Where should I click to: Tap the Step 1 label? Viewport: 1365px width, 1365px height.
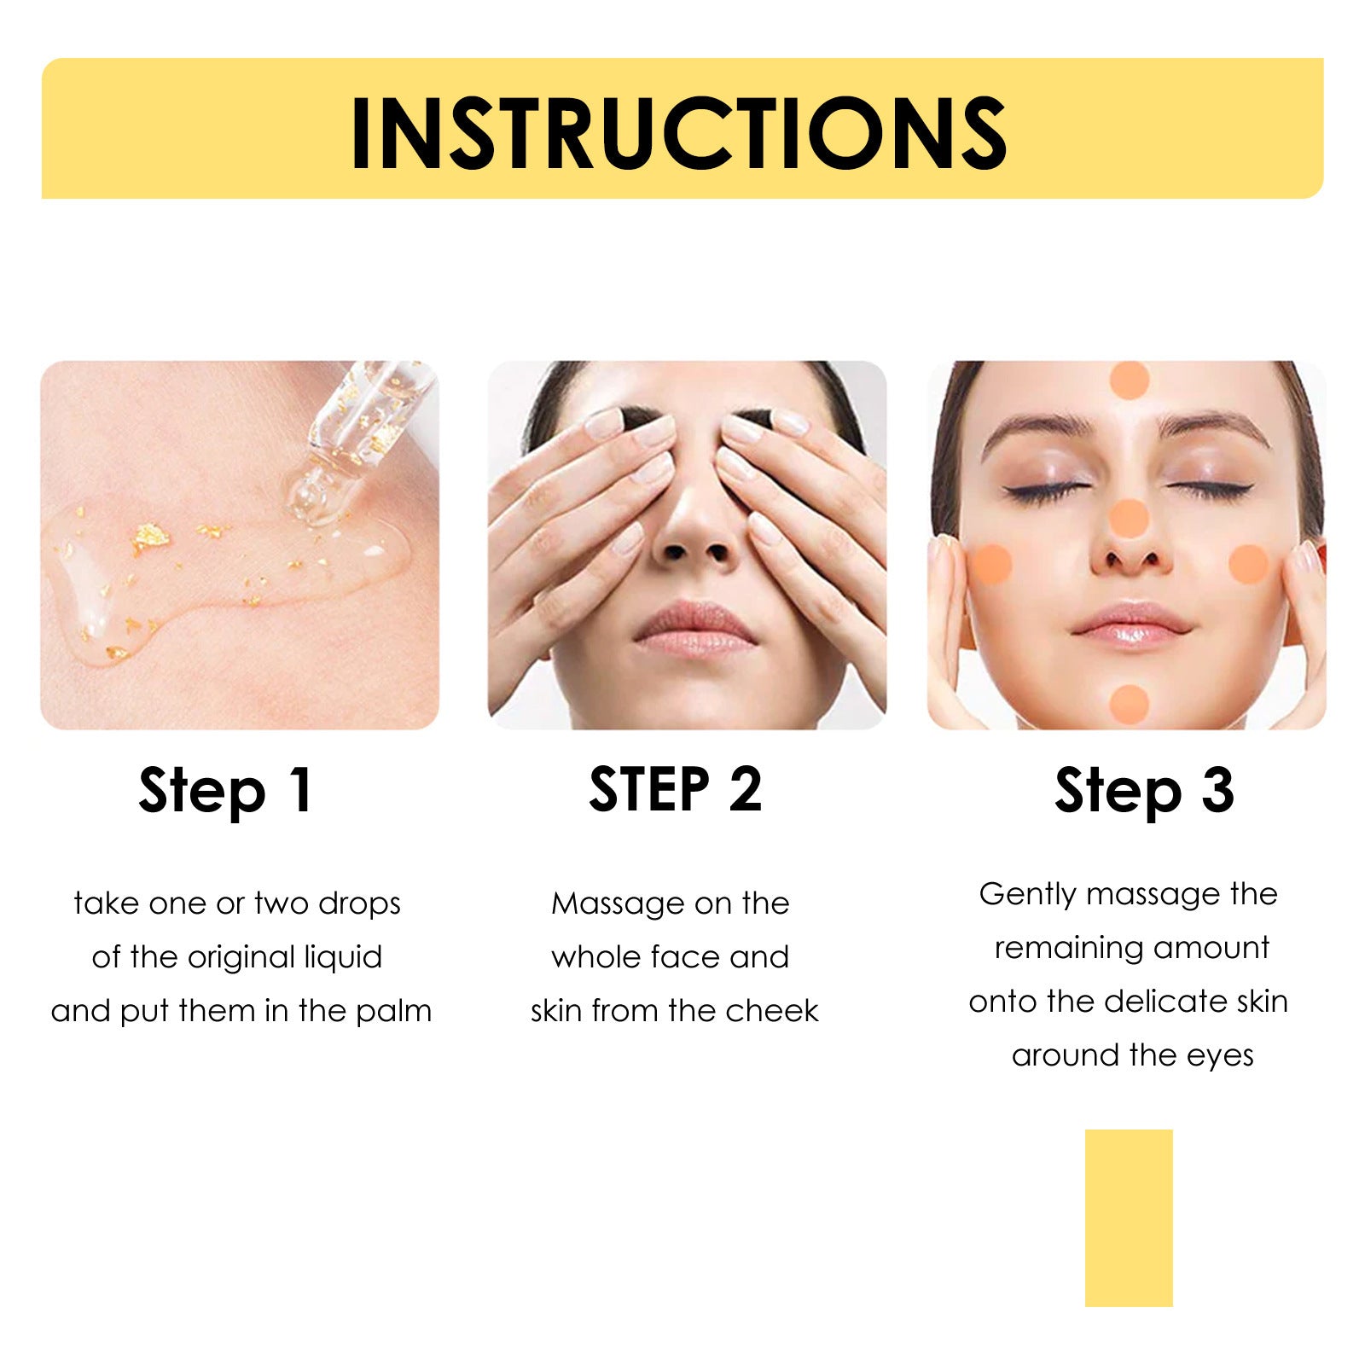[227, 791]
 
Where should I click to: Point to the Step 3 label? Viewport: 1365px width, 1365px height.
[1144, 791]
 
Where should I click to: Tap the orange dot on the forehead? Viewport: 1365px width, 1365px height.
[1129, 380]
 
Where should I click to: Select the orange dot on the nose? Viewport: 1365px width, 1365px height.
[1129, 518]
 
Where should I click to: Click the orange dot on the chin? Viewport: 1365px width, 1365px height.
[1130, 704]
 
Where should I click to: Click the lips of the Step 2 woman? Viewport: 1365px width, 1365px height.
[695, 630]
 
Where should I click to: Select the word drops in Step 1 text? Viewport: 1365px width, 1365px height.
[359, 903]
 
